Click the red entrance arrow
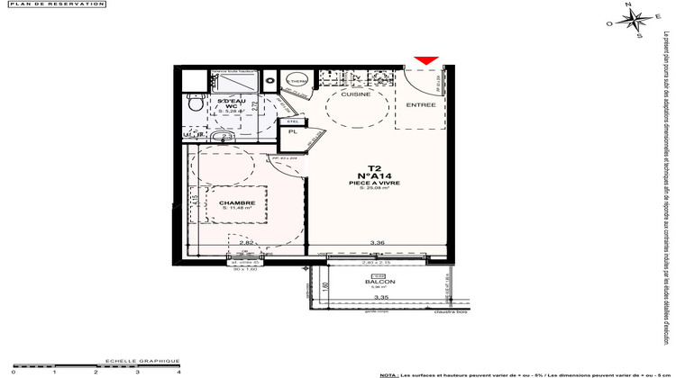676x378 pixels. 426,60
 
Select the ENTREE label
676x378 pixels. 421,104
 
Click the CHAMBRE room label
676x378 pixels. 236,203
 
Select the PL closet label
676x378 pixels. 292,132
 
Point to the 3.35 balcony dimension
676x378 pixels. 381,296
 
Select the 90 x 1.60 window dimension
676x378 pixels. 245,268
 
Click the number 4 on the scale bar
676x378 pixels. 178,371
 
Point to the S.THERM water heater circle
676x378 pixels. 296,82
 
